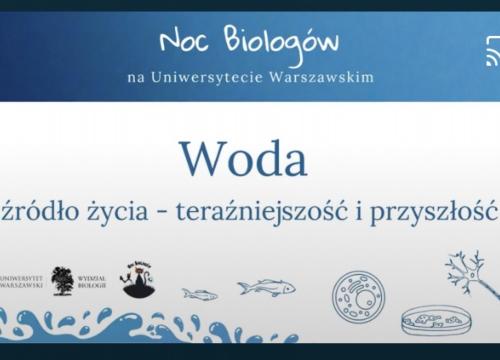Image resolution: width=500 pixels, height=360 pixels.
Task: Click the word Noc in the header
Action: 182,42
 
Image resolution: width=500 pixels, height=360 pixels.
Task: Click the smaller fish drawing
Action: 200,294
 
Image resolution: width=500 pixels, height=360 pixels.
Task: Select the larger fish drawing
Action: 266,287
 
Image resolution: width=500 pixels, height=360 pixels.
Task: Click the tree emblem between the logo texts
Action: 62,280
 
